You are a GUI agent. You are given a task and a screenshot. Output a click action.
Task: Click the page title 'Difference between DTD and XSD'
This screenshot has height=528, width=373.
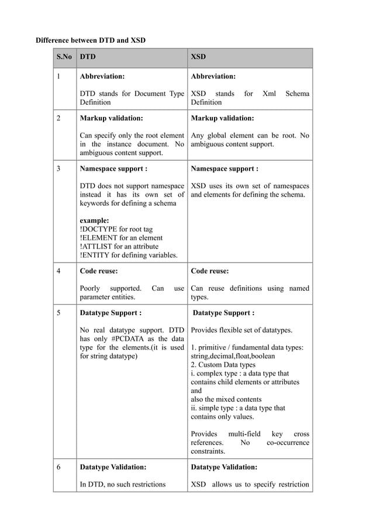[x=91, y=40]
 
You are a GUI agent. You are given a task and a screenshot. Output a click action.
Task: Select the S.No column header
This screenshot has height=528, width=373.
[x=64, y=58]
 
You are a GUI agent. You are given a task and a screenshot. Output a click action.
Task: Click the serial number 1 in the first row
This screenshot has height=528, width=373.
[x=58, y=77]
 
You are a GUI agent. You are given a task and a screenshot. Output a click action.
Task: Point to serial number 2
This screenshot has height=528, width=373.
[x=58, y=118]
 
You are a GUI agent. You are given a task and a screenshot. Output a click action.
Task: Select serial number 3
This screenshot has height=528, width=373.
[x=58, y=169]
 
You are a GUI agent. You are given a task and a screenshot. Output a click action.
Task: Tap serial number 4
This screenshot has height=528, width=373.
[x=58, y=271]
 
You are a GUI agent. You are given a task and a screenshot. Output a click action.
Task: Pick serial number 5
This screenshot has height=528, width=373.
[x=58, y=313]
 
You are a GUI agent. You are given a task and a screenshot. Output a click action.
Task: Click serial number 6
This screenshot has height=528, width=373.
[x=58, y=467]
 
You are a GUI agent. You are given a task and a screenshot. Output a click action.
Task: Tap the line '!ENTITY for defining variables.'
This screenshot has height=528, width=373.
[x=128, y=255]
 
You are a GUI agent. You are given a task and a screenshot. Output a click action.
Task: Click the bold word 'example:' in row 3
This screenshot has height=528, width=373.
[x=94, y=220]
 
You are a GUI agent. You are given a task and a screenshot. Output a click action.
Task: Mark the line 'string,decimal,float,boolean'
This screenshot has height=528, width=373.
[x=238, y=356]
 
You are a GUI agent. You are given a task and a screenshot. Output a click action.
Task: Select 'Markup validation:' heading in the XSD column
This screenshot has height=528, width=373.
[x=222, y=118]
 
